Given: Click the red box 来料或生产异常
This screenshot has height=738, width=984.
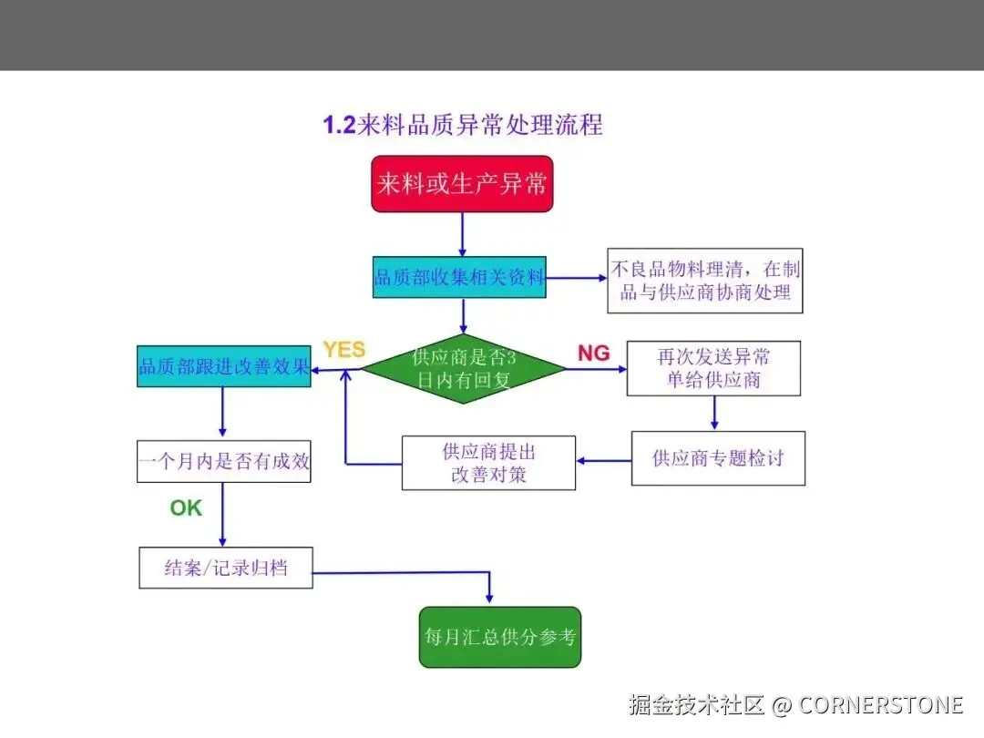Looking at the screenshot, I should click(462, 184).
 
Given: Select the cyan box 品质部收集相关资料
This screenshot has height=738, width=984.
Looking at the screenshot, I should click(460, 277).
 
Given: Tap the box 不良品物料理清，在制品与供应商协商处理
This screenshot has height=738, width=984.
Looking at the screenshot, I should click(704, 281).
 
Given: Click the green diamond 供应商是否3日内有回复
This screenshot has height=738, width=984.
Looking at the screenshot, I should click(463, 368).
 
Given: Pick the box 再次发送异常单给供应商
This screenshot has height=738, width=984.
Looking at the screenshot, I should click(713, 368).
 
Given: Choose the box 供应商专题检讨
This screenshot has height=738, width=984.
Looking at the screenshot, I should click(718, 458).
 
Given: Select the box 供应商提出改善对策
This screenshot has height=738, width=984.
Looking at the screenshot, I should click(488, 463).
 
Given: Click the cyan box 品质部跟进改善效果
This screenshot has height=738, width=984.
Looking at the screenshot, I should click(223, 366).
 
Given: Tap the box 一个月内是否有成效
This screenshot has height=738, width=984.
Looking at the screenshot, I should click(223, 461).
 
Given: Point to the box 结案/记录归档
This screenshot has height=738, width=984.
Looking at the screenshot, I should click(226, 567).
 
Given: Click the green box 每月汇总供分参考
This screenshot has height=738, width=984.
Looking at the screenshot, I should click(500, 637).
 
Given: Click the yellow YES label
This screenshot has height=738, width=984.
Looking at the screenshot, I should click(343, 350).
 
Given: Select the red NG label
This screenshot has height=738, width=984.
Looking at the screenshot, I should click(593, 353).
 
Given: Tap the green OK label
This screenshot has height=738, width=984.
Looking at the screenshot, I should click(186, 507).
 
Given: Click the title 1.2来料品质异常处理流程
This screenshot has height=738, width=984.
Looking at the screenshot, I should click(463, 125).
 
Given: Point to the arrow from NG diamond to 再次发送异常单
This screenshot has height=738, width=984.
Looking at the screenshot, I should click(597, 369).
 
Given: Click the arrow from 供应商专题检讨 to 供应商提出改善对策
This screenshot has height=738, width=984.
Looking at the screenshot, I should click(603, 460).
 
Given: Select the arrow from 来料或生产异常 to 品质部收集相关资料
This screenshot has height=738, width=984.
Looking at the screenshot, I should click(463, 233).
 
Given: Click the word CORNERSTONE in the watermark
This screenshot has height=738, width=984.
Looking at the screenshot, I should click(880, 704).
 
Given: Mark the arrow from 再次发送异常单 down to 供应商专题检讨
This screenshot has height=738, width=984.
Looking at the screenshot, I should click(714, 413).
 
